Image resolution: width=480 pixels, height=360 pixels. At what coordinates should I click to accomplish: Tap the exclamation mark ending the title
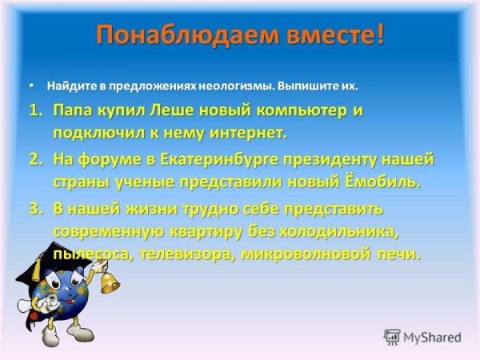tap(379, 35)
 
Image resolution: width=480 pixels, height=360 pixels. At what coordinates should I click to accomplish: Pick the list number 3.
tap(34, 210)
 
